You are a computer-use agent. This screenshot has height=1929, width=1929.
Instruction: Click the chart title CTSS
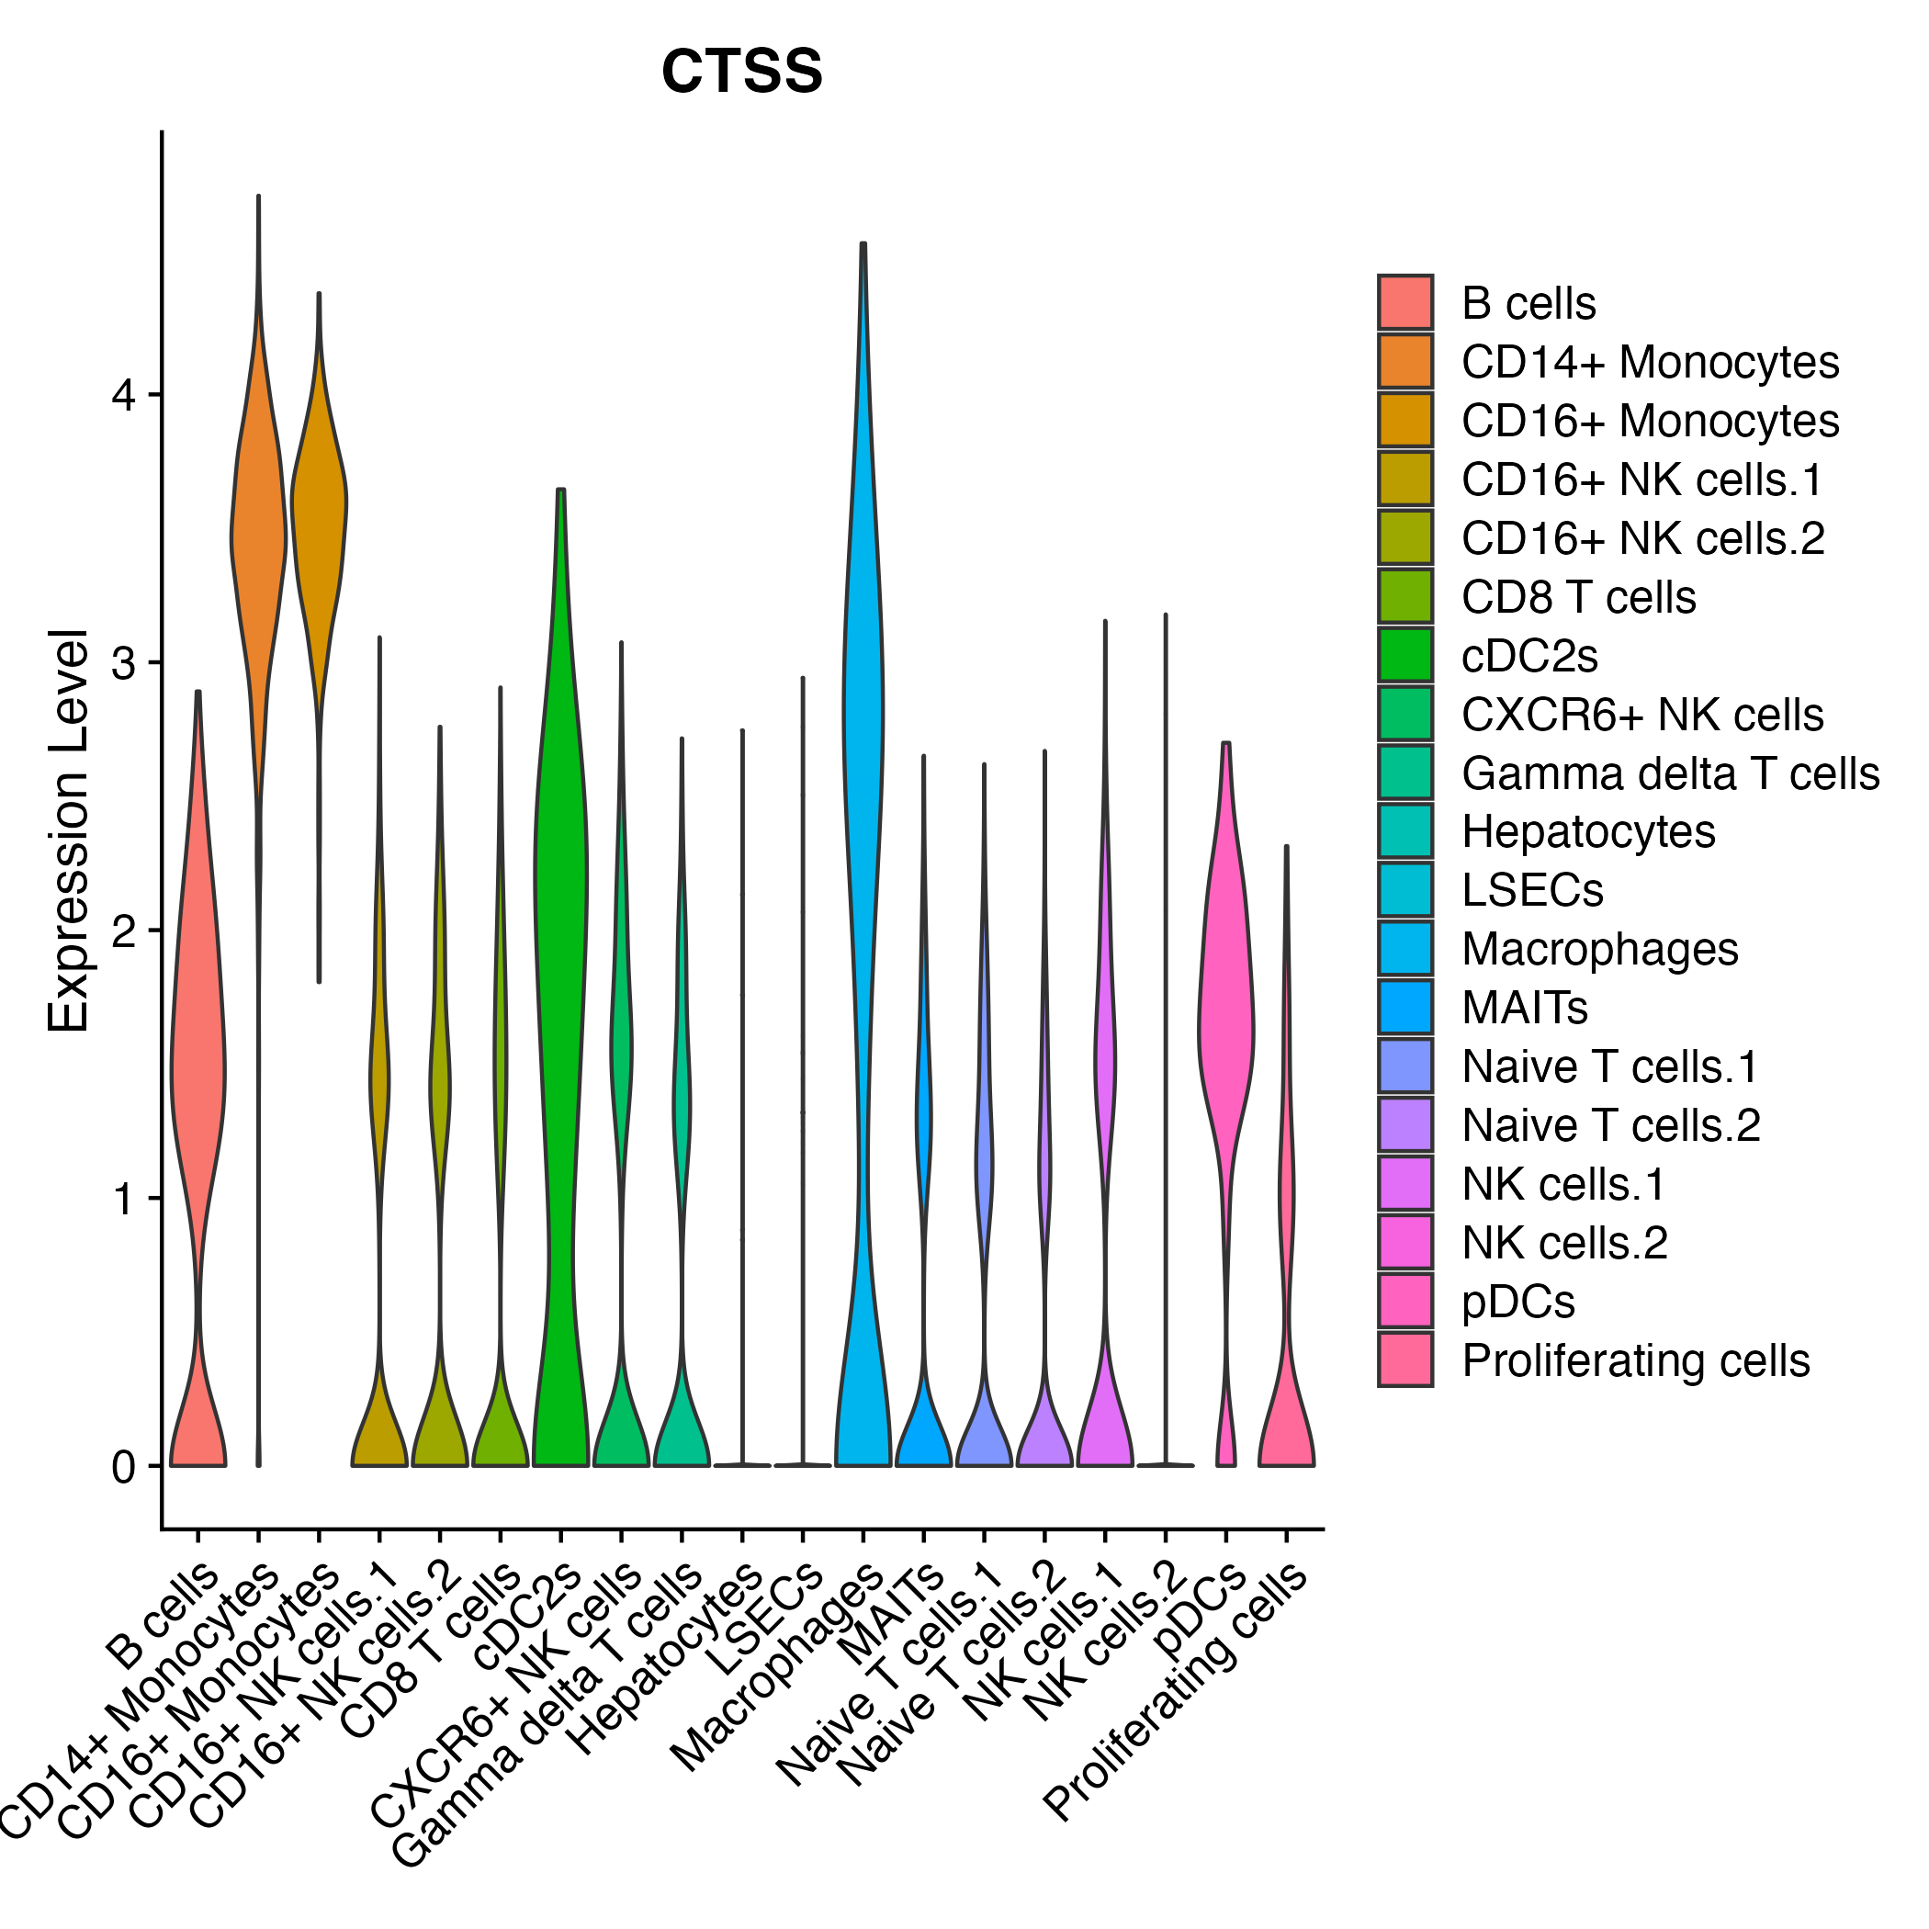742,72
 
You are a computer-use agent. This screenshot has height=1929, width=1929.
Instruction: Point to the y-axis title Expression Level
69,829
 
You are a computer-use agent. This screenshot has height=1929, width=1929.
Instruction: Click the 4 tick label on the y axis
123,395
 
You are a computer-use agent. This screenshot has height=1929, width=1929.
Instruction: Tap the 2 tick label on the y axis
123,931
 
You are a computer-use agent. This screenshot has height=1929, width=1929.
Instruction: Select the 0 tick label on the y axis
123,1468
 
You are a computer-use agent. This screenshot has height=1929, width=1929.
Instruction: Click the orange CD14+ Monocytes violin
259,539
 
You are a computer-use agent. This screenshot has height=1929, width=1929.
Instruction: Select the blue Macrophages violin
863,699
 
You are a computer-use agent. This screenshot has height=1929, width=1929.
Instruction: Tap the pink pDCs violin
1226,1029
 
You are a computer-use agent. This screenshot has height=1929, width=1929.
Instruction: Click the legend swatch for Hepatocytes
1404,830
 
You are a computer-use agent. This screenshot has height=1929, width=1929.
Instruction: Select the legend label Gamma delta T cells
1669,773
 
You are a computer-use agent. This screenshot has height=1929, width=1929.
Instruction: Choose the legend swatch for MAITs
1404,1008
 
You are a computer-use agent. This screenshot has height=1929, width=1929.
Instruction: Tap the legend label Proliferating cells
1634,1361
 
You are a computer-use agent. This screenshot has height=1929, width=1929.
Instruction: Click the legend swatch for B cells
1404,302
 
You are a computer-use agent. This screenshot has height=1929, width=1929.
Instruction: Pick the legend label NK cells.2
1563,1243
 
